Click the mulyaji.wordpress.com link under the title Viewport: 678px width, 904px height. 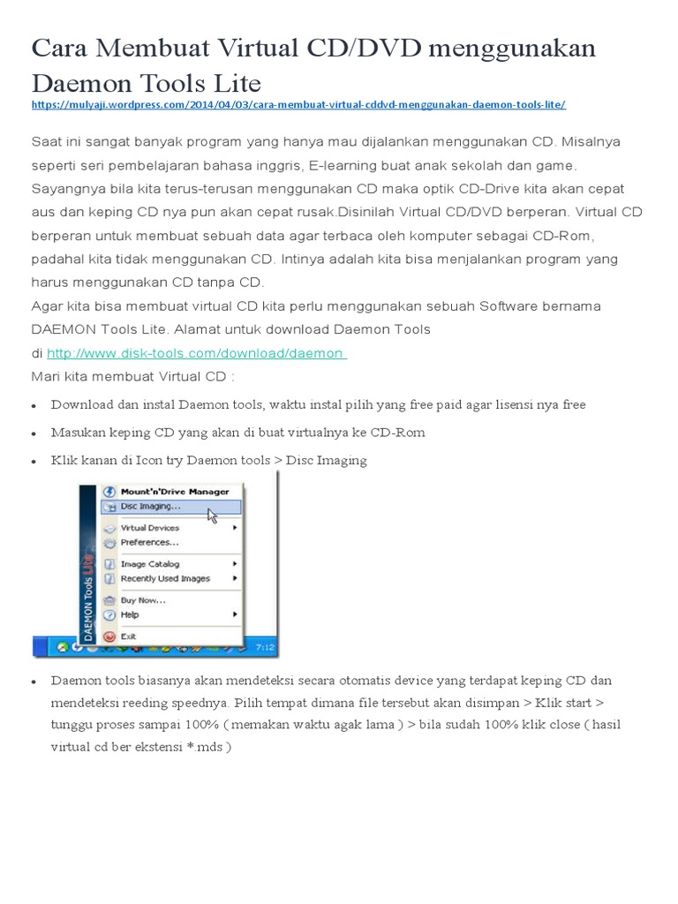click(x=298, y=105)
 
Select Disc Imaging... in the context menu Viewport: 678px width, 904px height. click(x=151, y=507)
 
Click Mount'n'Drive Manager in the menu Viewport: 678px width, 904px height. click(x=174, y=492)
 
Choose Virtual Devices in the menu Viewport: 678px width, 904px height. click(x=149, y=528)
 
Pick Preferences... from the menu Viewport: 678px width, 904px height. click(x=149, y=542)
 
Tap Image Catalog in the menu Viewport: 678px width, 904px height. click(x=149, y=564)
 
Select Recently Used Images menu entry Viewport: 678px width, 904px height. click(x=165, y=578)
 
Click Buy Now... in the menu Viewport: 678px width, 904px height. click(x=143, y=600)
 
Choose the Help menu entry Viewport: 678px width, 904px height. click(x=130, y=614)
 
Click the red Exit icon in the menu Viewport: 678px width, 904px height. click(x=109, y=637)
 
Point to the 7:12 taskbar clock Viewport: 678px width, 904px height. click(x=265, y=648)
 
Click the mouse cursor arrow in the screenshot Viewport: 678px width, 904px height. click(x=212, y=514)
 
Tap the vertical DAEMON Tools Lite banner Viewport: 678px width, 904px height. click(x=87, y=565)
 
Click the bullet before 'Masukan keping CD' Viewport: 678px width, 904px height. click(x=34, y=433)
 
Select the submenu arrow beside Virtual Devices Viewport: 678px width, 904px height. click(x=235, y=528)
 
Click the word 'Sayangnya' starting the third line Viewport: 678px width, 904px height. click(x=67, y=189)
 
